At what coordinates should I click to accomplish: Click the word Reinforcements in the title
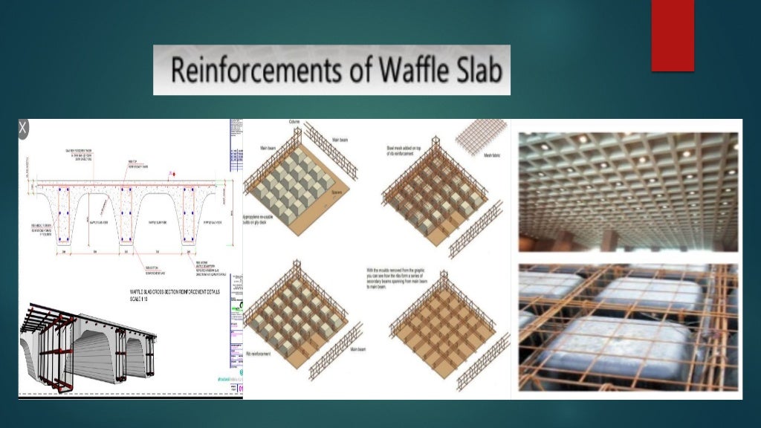[249, 71]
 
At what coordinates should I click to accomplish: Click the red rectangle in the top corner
[673, 36]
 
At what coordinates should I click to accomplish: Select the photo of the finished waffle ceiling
[628, 189]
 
